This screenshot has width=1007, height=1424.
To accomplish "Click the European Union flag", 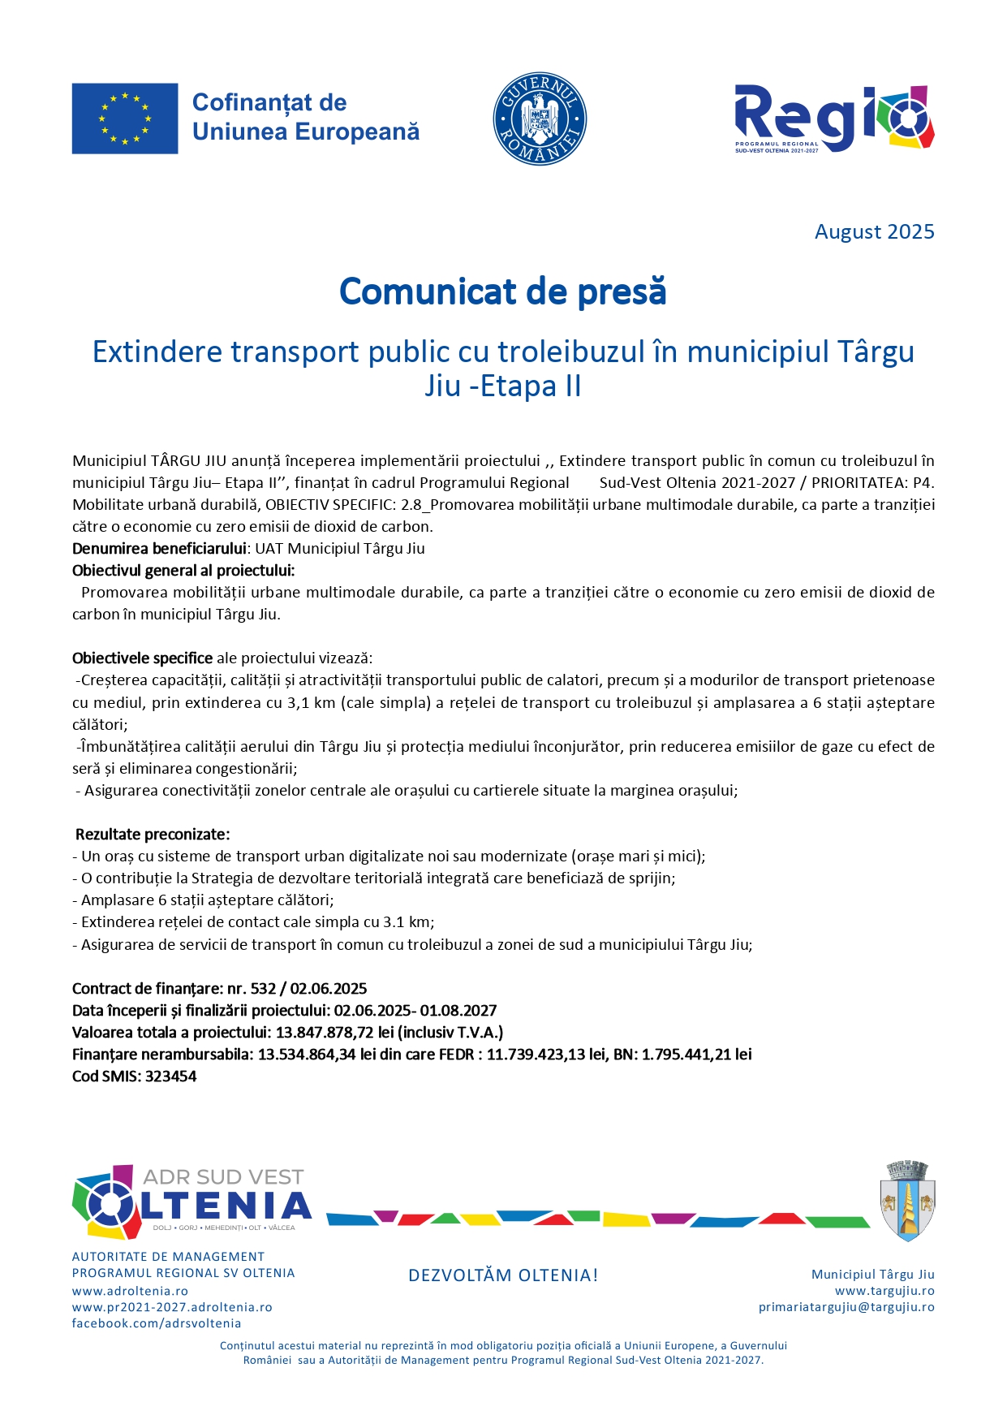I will [124, 119].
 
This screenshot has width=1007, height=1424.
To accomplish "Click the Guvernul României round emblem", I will [540, 119].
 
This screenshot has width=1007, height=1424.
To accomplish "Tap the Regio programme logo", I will [833, 119].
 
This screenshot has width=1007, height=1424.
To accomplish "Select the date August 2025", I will [874, 232].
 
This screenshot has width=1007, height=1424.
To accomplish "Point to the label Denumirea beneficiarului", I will [159, 549].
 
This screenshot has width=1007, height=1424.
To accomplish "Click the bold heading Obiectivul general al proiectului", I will [183, 571].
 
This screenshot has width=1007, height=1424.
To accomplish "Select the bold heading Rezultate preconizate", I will [153, 835].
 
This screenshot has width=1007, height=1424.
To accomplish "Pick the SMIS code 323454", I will [170, 1077].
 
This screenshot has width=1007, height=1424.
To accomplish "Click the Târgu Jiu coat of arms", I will [907, 1200].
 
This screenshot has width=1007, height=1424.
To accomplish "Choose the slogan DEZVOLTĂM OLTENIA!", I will [503, 1275].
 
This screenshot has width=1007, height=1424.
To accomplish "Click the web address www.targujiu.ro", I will [884, 1291].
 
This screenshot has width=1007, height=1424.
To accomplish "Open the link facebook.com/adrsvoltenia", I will [157, 1323].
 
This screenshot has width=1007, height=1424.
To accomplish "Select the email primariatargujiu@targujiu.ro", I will [846, 1307].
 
